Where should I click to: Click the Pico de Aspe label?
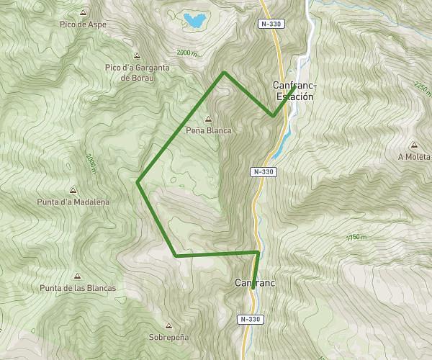[84, 24]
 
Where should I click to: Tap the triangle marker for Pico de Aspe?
[84, 13]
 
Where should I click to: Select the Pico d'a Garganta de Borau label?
[137, 72]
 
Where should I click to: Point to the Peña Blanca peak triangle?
[209, 120]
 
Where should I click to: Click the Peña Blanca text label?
[209, 131]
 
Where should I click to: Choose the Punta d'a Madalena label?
[73, 202]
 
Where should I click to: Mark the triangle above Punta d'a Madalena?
[73, 191]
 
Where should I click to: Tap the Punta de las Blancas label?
[78, 288]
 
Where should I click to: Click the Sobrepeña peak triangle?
[168, 325]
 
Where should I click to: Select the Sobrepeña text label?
[168, 337]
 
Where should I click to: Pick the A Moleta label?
[413, 156]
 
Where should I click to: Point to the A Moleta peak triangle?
[413, 145]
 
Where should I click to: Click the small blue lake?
[193, 20]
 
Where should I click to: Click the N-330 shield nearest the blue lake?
[271, 24]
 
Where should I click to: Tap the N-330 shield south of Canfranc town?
[249, 319]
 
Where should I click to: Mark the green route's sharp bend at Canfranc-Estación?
[274, 116]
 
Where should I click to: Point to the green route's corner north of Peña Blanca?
[225, 72]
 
